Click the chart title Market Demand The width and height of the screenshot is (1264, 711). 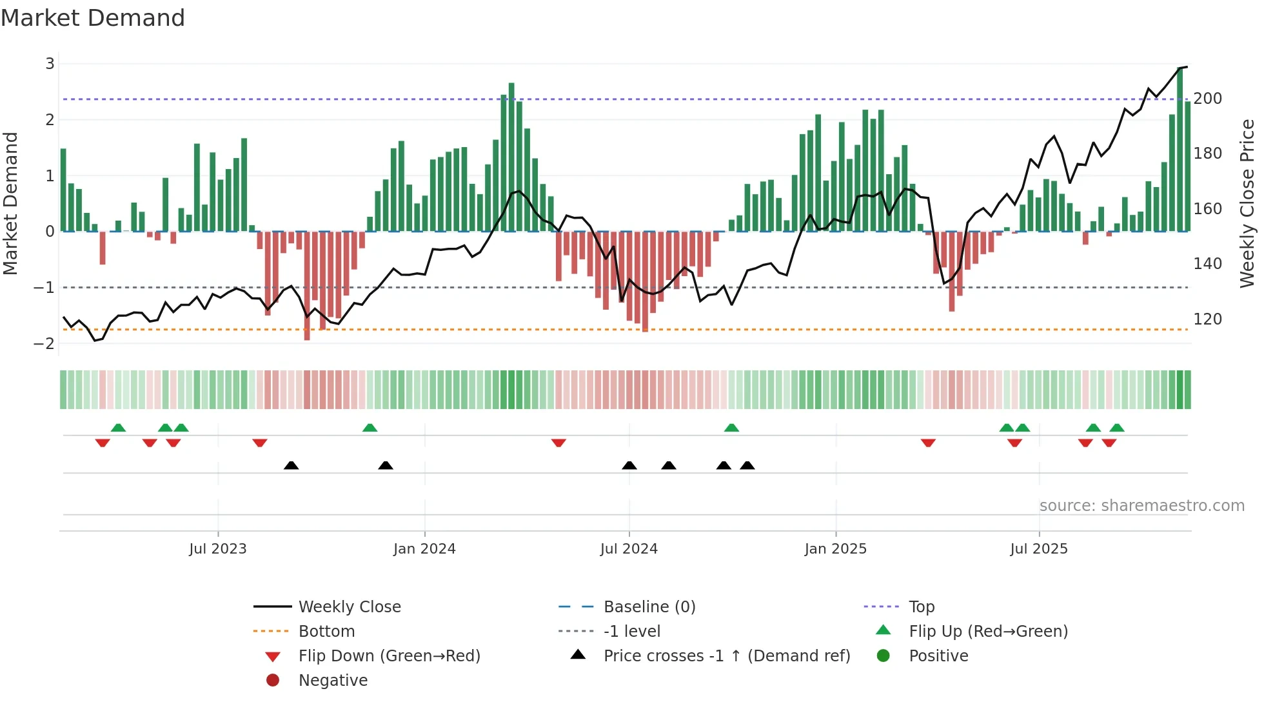tap(93, 18)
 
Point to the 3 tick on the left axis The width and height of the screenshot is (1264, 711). tap(50, 64)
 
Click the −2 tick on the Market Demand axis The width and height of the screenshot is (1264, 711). tap(44, 343)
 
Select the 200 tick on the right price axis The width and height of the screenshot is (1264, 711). tap(1207, 99)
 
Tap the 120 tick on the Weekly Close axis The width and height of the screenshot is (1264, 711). tap(1207, 319)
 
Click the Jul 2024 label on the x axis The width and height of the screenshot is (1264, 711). tap(628, 549)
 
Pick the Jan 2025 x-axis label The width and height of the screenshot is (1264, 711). tap(835, 549)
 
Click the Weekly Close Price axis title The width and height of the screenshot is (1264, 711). tap(1247, 203)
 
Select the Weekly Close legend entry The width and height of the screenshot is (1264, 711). tap(349, 607)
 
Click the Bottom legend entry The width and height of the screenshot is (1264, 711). tap(326, 632)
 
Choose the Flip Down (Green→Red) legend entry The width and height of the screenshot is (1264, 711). tap(389, 656)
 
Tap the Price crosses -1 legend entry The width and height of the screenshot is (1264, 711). tap(726, 656)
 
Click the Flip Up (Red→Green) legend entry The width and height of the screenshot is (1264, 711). tap(988, 632)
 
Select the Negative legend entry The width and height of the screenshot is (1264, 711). tap(333, 681)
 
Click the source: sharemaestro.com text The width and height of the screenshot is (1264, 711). tap(1141, 506)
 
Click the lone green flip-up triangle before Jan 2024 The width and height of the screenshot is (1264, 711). tap(370, 428)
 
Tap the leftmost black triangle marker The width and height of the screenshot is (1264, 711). tap(291, 465)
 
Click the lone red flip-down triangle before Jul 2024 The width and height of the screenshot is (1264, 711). tap(558, 443)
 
